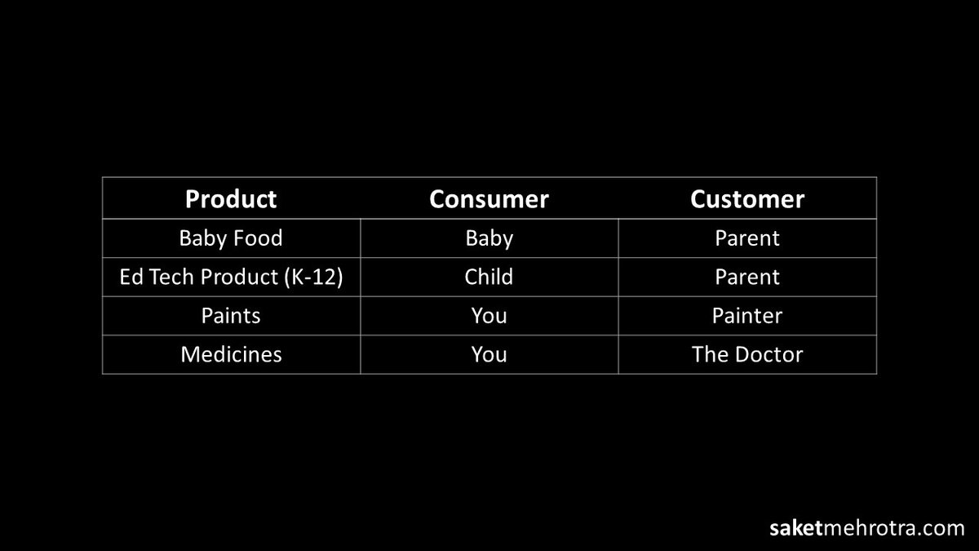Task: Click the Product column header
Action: (x=231, y=199)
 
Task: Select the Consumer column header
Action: (x=489, y=199)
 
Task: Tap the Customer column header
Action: (x=747, y=199)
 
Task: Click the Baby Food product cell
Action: (x=231, y=238)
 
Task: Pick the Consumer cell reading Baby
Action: (x=489, y=238)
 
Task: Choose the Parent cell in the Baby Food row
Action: (x=747, y=238)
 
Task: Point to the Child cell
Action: (x=489, y=277)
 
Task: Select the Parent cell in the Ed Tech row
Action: (x=747, y=277)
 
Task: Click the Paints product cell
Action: (x=231, y=316)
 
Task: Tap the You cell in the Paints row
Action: (x=489, y=316)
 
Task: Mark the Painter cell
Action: (x=747, y=316)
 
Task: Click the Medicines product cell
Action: (x=231, y=354)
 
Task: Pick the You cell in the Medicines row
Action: (x=489, y=354)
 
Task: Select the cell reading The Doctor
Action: (x=747, y=354)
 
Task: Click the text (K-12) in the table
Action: (x=313, y=278)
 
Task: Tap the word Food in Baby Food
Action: (x=255, y=238)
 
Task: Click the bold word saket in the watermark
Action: (x=795, y=528)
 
